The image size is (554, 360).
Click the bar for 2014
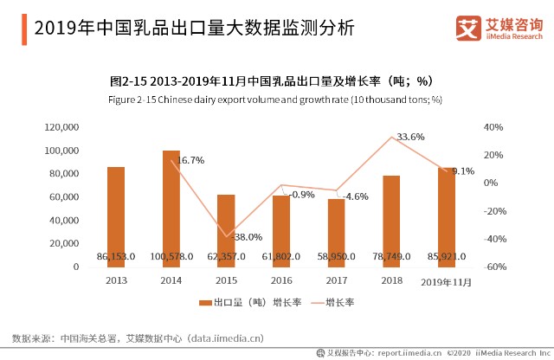coord(171,209)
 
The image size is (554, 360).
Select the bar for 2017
coord(337,233)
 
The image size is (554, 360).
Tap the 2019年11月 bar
coord(447,217)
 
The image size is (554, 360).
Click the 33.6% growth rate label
coord(410,137)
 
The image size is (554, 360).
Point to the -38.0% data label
coord(247,237)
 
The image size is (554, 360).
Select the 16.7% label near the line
coord(190,160)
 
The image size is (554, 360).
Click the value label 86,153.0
coord(116,256)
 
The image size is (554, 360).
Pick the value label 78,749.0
coord(391,256)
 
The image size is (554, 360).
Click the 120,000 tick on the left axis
coord(61,127)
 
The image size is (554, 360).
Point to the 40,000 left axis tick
coord(64,221)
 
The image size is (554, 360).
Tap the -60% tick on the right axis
coord(494,267)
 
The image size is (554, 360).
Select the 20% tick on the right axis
coord(493,155)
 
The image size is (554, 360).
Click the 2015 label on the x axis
coord(226,280)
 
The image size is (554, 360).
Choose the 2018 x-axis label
coord(391,280)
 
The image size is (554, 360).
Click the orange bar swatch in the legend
coord(205,303)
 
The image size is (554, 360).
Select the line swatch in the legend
coord(318,303)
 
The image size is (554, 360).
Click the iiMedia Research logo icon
coord(468,28)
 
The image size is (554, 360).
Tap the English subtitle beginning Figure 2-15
coord(275,100)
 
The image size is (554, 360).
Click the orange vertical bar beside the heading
coord(24,29)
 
